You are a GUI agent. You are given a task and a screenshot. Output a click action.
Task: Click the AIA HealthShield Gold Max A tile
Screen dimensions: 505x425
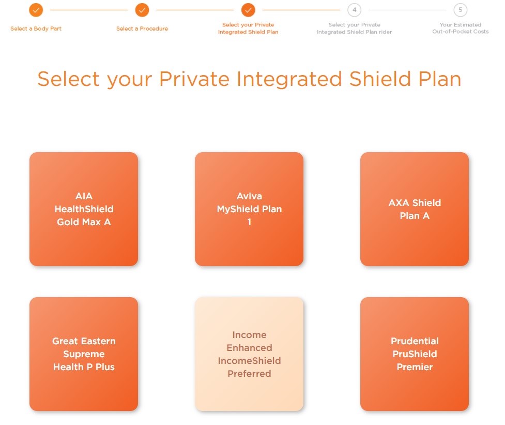(x=84, y=209)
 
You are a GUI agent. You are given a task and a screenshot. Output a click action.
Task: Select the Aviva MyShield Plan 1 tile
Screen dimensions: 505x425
(x=249, y=209)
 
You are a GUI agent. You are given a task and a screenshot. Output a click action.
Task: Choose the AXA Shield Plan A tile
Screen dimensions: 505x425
(x=415, y=209)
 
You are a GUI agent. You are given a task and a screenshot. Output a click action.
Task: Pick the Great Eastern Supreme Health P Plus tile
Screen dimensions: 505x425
(x=84, y=354)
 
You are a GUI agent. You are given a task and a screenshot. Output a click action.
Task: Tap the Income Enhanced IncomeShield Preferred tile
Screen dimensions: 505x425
(x=249, y=354)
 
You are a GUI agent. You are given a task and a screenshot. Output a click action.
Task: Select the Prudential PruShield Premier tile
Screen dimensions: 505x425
(x=415, y=354)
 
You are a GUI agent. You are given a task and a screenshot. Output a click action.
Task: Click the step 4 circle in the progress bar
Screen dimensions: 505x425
(x=354, y=10)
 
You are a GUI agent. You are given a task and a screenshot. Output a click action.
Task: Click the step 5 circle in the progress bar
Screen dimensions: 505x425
(x=460, y=10)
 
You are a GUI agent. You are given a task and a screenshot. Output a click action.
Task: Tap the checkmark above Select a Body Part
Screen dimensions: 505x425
(x=36, y=10)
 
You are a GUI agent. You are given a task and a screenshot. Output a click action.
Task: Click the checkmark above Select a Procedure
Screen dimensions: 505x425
(x=142, y=10)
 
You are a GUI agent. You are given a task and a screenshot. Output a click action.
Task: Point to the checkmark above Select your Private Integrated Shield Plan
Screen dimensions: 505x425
(x=248, y=10)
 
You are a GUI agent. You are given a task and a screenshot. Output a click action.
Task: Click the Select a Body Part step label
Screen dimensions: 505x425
(x=36, y=28)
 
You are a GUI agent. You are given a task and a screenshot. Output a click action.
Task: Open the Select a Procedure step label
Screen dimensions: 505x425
(x=142, y=28)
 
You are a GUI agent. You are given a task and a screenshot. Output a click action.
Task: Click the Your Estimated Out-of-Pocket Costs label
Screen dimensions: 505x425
(x=460, y=28)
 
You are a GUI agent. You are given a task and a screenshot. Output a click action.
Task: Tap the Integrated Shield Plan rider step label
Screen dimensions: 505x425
(x=354, y=28)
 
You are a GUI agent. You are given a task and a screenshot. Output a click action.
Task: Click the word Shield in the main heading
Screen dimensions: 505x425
(x=380, y=79)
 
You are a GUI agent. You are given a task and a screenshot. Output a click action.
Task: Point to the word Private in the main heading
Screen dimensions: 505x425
(x=194, y=79)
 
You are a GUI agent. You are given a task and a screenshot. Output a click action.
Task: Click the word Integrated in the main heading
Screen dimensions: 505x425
(x=289, y=80)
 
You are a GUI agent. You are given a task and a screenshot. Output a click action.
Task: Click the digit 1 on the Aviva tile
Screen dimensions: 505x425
(x=249, y=222)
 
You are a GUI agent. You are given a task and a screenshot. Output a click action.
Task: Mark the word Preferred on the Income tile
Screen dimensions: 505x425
(x=249, y=373)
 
